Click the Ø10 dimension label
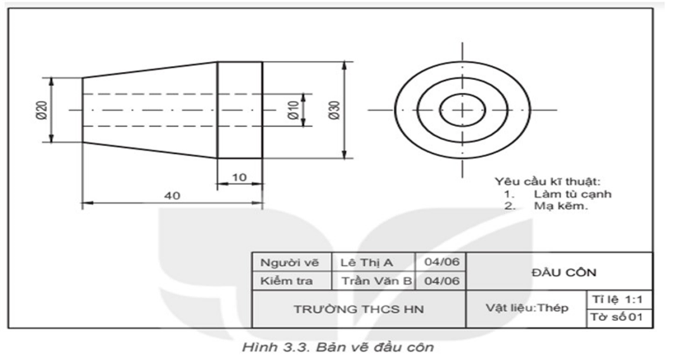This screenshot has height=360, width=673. pyautogui.click(x=293, y=110)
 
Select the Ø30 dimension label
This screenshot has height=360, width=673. pyautogui.click(x=334, y=110)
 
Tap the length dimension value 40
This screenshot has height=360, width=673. pyautogui.click(x=171, y=196)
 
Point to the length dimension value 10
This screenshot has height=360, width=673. pyautogui.click(x=240, y=177)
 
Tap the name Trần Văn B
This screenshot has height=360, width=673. pyautogui.click(x=375, y=281)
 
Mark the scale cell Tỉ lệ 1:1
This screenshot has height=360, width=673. pyautogui.click(x=619, y=299)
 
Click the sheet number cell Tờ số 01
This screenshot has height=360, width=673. pyautogui.click(x=619, y=318)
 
